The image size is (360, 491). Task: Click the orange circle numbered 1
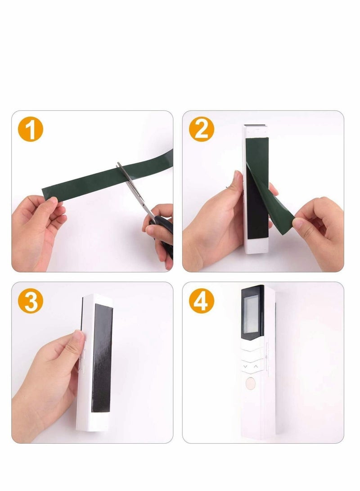coord(30,129)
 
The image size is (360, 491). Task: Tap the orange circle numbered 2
coord(201,129)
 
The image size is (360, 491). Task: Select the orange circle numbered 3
coord(30,301)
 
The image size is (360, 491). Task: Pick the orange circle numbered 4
coord(201,301)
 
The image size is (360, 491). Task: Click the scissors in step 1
coord(144,207)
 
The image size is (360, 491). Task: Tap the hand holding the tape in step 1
coord(37,229)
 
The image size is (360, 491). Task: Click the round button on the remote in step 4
coord(251,383)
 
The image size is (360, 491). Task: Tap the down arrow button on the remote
coord(245,366)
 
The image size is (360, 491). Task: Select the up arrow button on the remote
coord(256,366)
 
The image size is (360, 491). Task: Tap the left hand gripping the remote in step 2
coord(216,225)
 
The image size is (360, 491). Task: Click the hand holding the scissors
coord(160,232)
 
